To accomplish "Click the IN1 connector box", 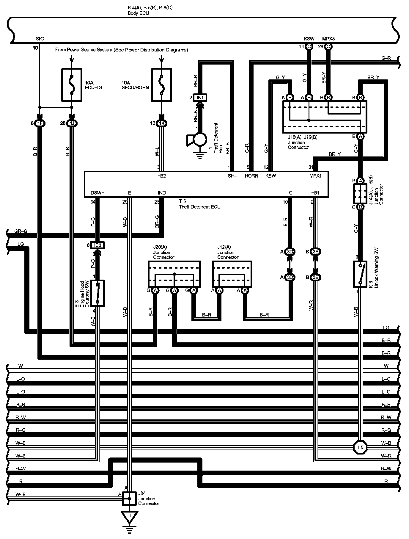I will [x=200, y=98].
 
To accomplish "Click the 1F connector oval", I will [x=40, y=123].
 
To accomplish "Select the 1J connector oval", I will [x=72, y=123].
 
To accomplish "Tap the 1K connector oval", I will [x=161, y=123].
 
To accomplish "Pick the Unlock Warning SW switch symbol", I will [x=360, y=274].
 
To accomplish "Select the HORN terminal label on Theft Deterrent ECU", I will [x=251, y=176].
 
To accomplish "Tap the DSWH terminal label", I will [x=97, y=193].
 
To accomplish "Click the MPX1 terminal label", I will [x=315, y=176].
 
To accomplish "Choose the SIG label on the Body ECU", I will [x=40, y=39].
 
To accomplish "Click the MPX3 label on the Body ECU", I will [x=328, y=39].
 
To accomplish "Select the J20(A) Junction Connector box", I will [x=174, y=274].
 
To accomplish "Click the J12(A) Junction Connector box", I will [x=232, y=274].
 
